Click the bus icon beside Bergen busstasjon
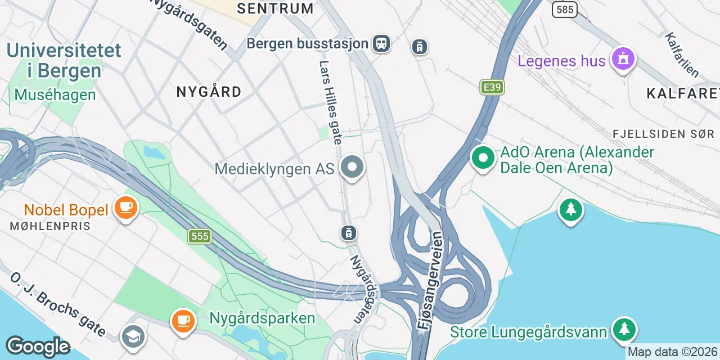(381, 43)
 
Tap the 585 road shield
(564, 9)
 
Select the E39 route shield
(492, 87)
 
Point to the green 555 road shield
(200, 236)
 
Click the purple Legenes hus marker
(623, 59)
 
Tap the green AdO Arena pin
(483, 157)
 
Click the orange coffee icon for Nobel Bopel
(125, 208)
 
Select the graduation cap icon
(133, 336)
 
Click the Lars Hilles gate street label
(330, 102)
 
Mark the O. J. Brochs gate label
(58, 304)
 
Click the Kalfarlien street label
(681, 55)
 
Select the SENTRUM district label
(275, 8)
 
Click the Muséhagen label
(55, 94)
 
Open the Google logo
(38, 347)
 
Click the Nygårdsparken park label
(262, 318)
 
